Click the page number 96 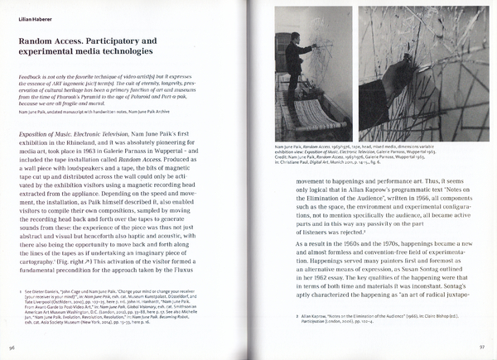coord(13,348)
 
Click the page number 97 coord(484,348)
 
